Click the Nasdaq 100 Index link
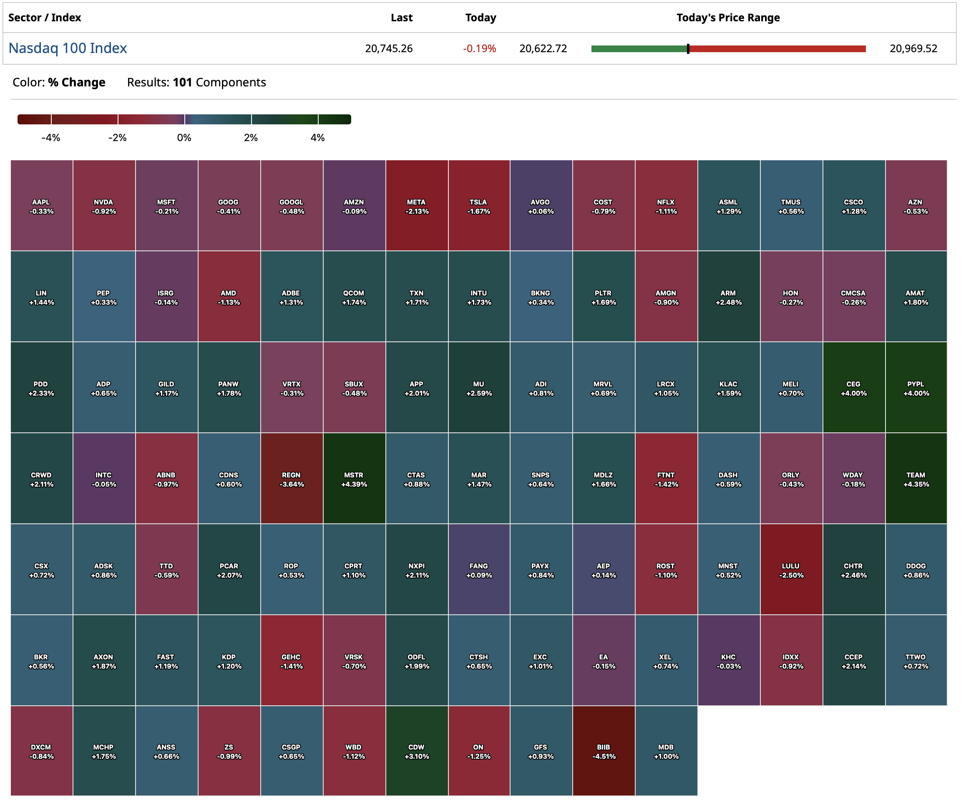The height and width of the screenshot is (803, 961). coord(68,48)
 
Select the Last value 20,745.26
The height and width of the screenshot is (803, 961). coord(388,48)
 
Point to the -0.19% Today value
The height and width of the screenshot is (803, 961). coord(479,48)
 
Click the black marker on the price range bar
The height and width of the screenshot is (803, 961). coord(688,48)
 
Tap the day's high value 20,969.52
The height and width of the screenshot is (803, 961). coord(913,48)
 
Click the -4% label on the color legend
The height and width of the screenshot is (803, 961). coord(51,137)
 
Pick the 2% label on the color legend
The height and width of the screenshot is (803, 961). coord(251,137)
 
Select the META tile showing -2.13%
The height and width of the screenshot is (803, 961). coord(416,206)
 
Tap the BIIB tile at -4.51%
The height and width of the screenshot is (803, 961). coord(603,751)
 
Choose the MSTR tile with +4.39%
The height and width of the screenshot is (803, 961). coord(354,479)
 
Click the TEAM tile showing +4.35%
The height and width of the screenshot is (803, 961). coord(916,479)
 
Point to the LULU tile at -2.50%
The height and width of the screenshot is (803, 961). coord(791,570)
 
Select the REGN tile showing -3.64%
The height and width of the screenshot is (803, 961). coord(292,479)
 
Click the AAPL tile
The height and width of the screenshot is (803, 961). coord(41,206)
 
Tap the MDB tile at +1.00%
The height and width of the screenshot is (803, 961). coord(666,751)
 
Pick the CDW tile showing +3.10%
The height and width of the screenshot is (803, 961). coord(416,751)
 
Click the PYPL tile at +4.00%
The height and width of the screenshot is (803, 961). coord(916,388)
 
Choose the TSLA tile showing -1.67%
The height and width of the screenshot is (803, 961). coord(479,206)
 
